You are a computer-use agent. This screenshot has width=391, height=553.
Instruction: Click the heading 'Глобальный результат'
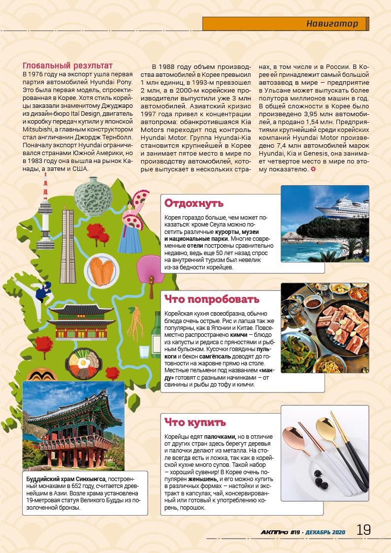[x=68, y=65]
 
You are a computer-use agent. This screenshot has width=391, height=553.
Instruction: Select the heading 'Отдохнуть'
[x=194, y=203]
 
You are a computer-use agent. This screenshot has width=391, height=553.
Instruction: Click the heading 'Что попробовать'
[x=212, y=299]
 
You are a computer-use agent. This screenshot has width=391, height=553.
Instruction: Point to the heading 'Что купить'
[x=195, y=423]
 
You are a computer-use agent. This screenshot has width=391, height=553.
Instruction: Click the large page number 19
[x=363, y=530]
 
